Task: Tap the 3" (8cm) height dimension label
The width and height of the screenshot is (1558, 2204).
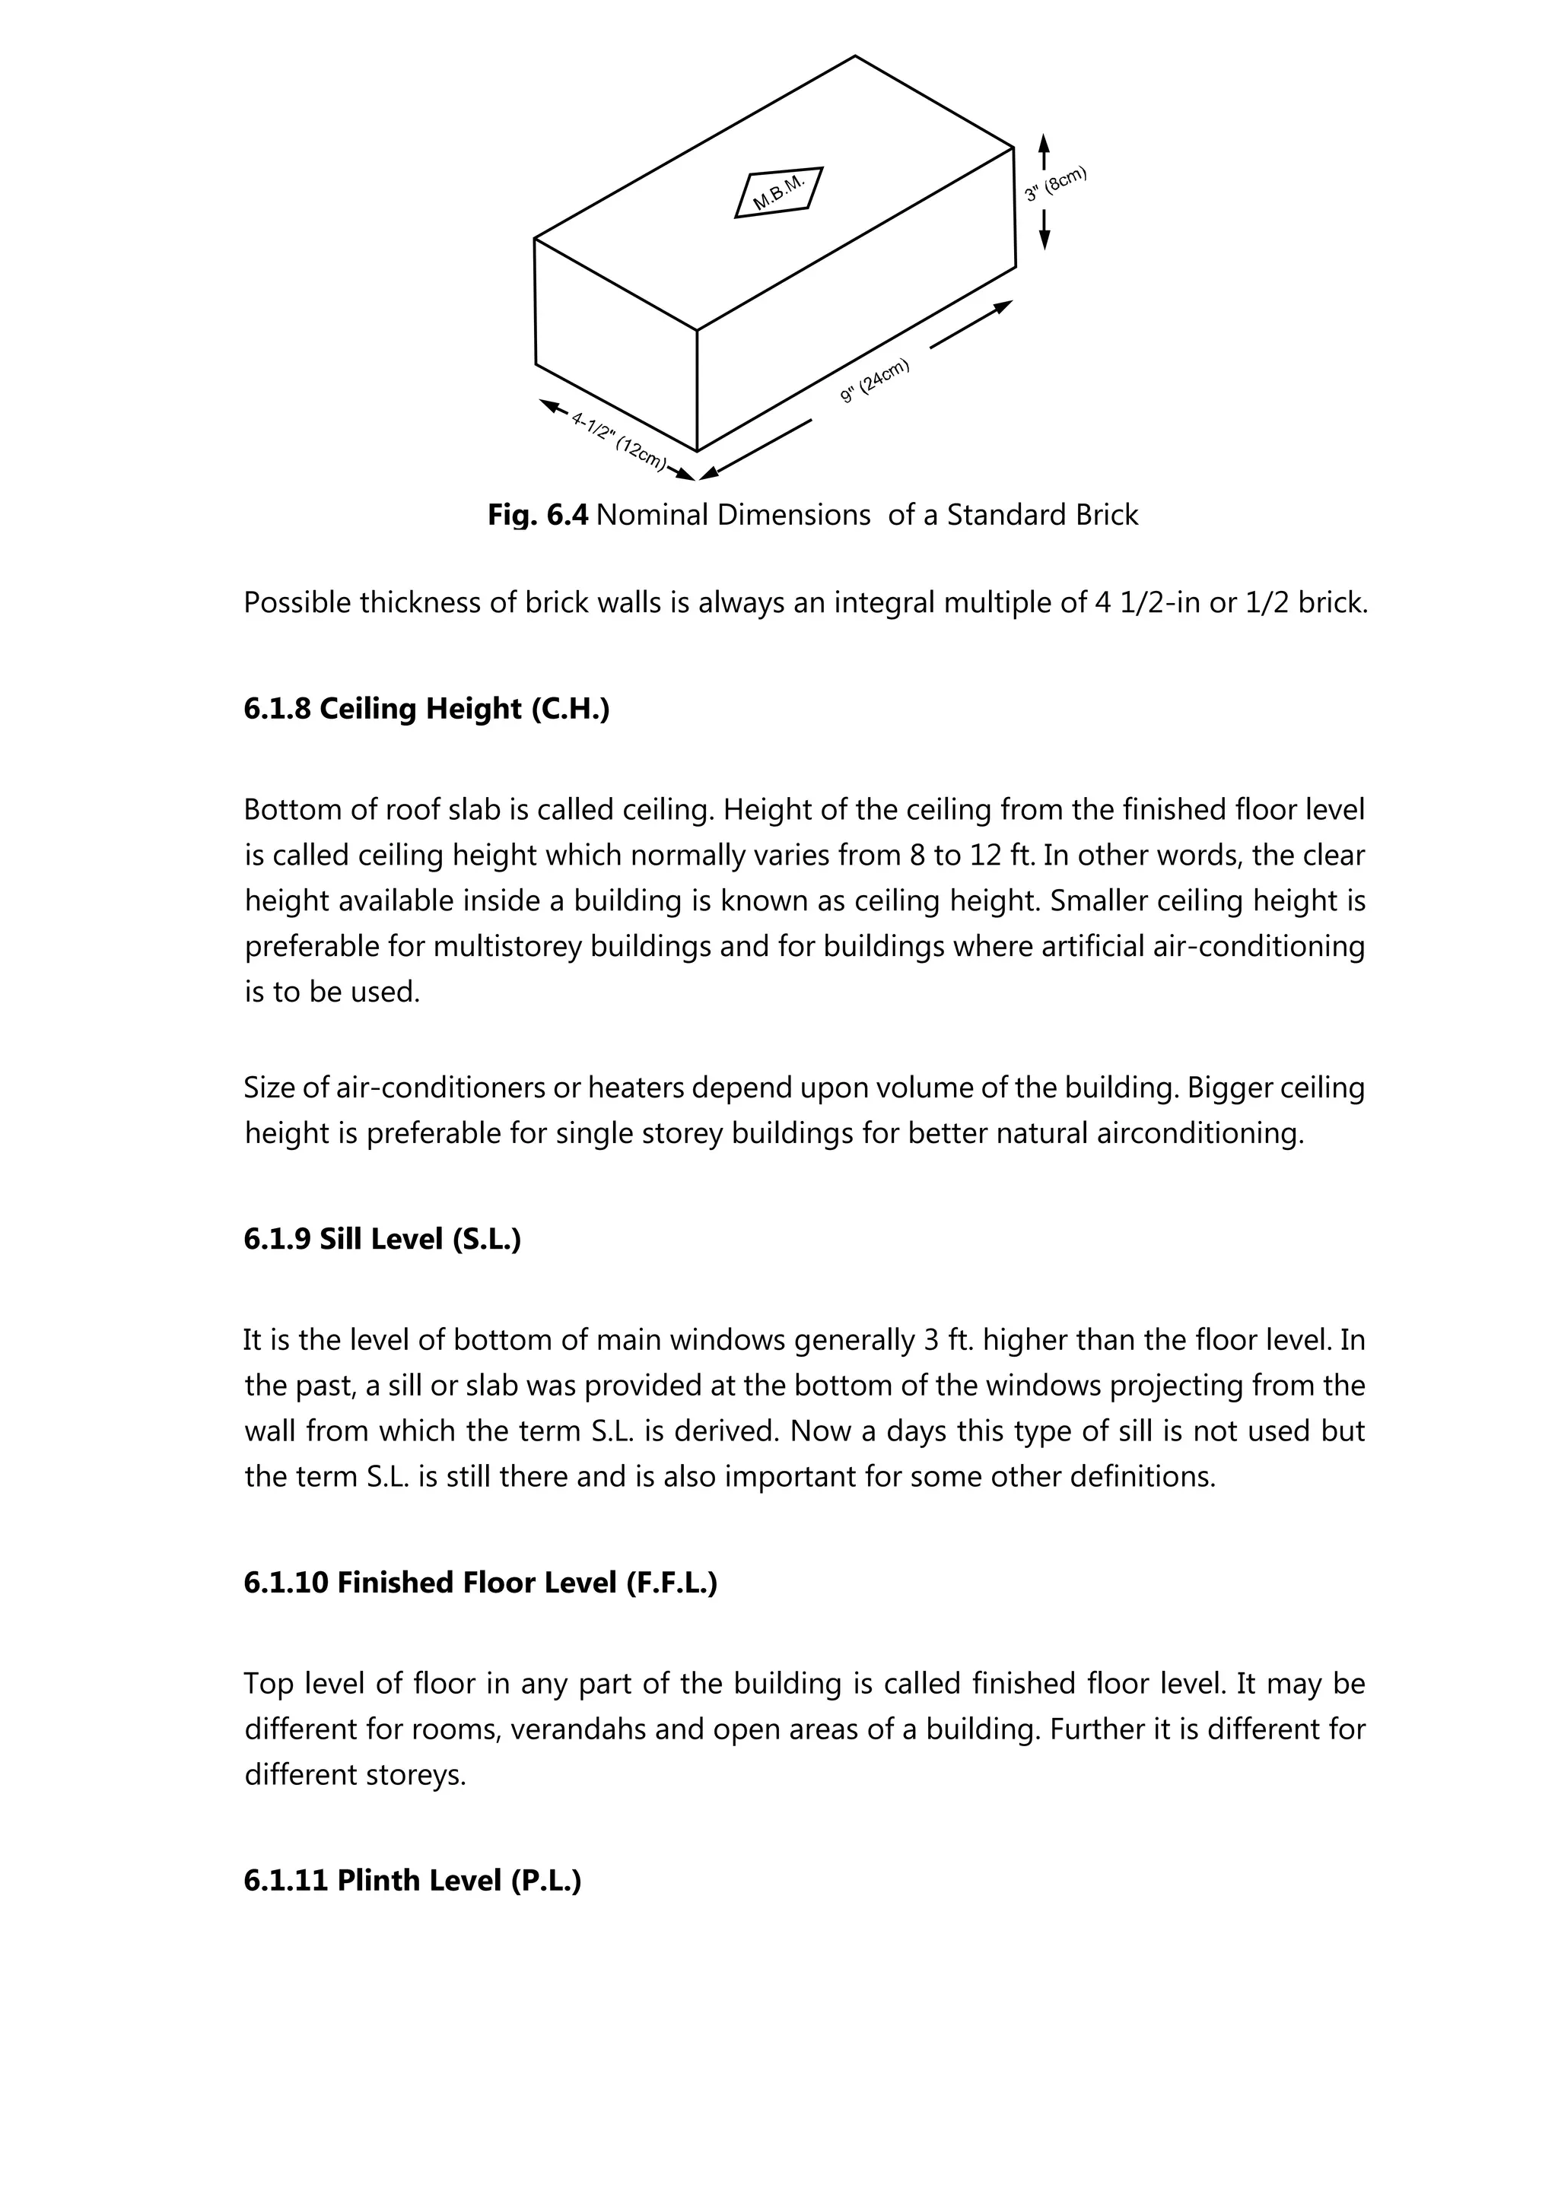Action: click(1055, 183)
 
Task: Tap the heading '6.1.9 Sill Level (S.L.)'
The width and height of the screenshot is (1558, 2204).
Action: click(382, 1239)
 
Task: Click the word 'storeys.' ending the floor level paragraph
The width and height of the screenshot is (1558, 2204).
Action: click(415, 1775)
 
